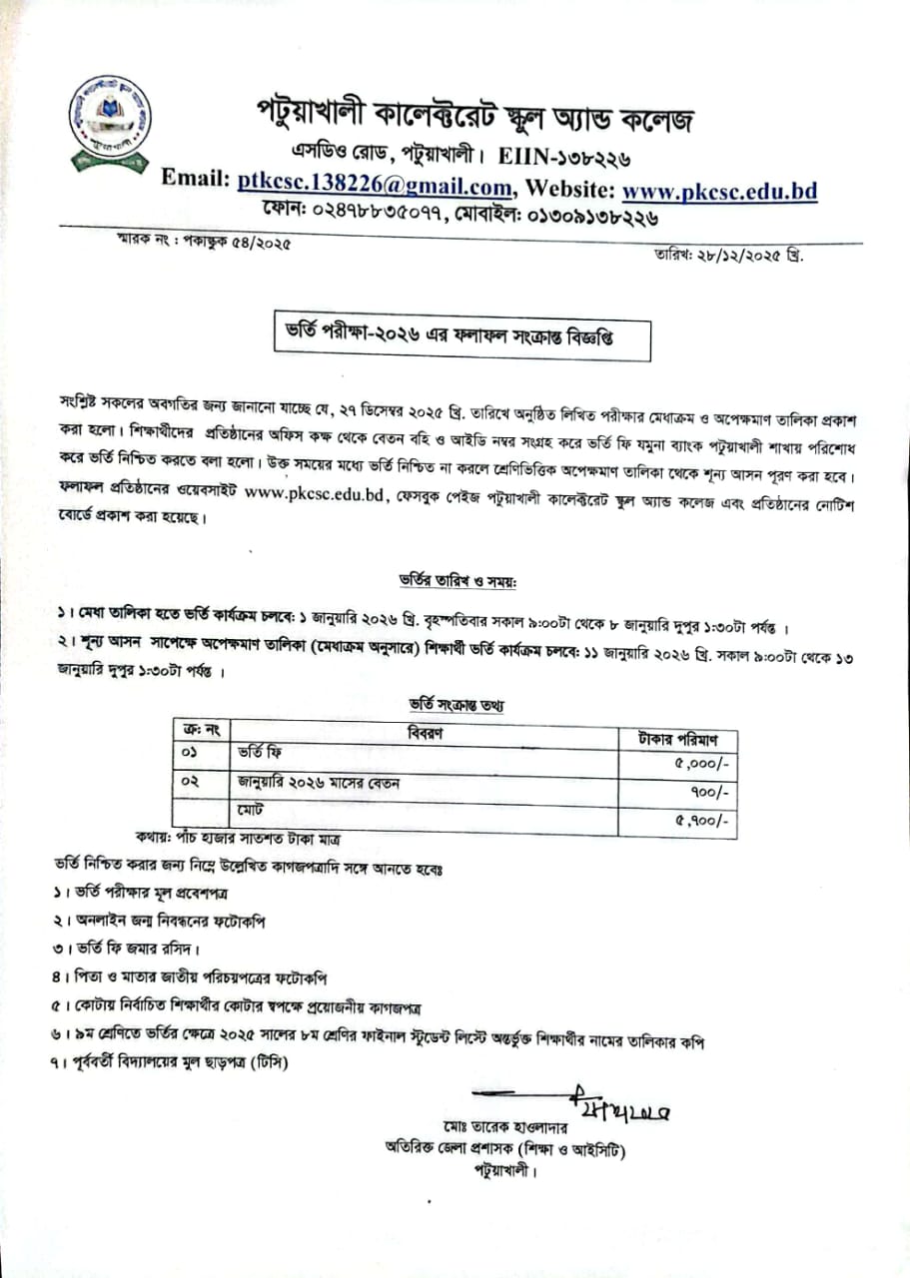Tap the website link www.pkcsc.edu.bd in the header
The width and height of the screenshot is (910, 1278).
[719, 188]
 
